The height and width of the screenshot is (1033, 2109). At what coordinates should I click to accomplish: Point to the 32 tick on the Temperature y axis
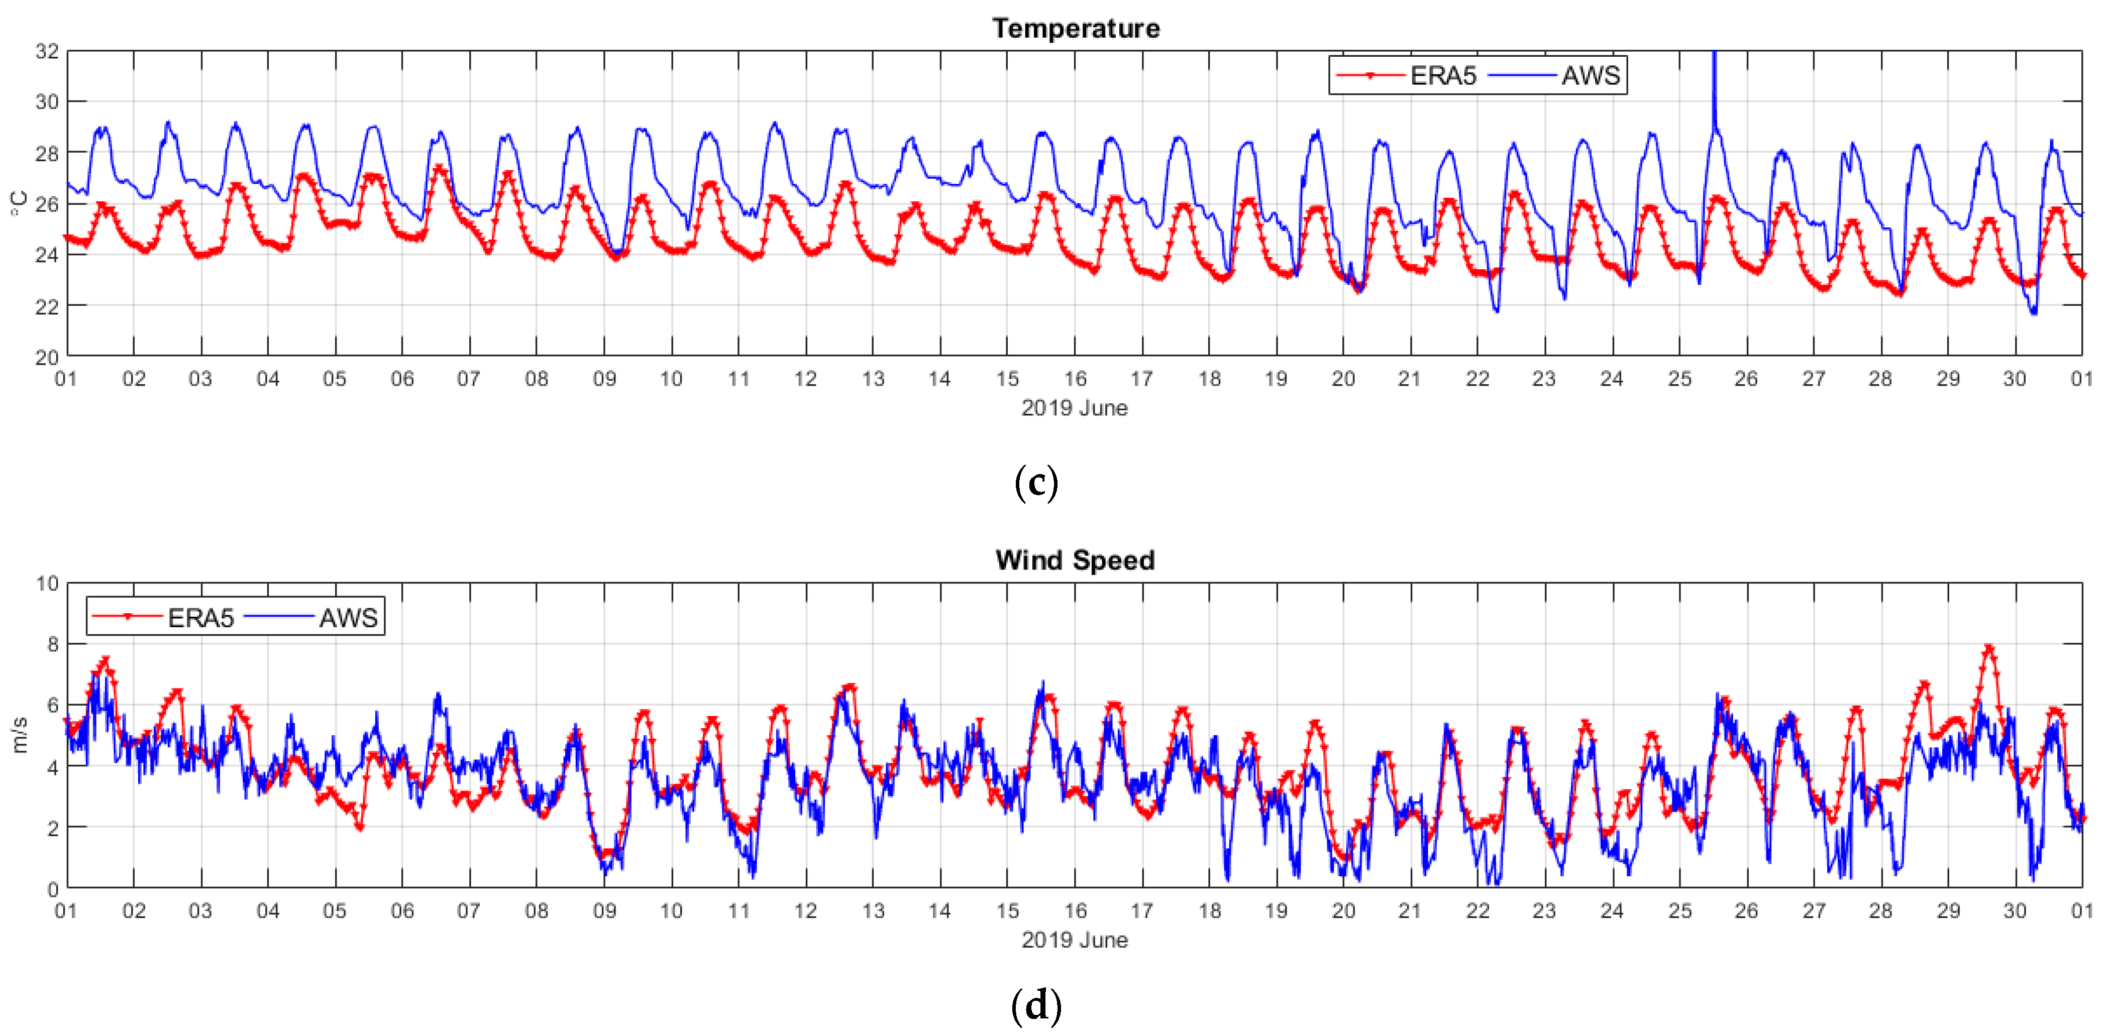[x=47, y=51]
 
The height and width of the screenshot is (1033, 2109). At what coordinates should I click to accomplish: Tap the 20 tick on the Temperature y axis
[x=47, y=357]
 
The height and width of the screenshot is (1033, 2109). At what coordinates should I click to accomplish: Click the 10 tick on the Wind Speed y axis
[x=47, y=584]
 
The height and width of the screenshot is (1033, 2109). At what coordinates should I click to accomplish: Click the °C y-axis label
[x=19, y=203]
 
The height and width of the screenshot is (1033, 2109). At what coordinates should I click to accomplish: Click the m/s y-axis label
[x=19, y=735]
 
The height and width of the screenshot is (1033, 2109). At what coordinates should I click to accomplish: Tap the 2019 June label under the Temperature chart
[x=1074, y=408]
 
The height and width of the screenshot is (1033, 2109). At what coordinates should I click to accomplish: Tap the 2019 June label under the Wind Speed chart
[x=1074, y=940]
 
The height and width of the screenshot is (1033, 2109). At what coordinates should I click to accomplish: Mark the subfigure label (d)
[x=1036, y=1006]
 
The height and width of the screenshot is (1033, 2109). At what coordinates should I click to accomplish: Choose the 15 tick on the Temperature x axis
[x=1007, y=379]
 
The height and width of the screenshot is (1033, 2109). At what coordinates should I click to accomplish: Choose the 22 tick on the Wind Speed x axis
[x=1477, y=911]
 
